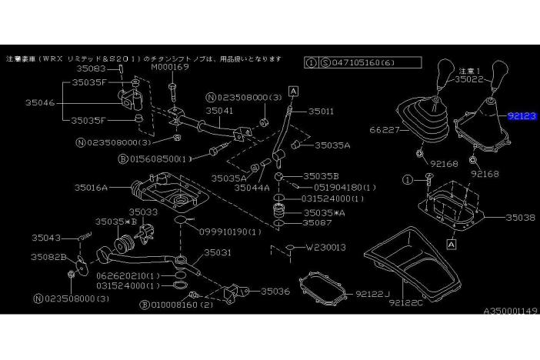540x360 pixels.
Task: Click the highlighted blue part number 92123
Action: [522, 116]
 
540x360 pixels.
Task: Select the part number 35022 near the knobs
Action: [468, 78]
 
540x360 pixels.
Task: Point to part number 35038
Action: [520, 218]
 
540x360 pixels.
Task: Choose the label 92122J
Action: [372, 294]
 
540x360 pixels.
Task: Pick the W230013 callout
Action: [327, 247]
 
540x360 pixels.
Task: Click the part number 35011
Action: [322, 111]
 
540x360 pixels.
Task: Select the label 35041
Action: [219, 111]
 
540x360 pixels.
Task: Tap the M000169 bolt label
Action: [169, 67]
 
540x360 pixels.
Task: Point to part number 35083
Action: [90, 68]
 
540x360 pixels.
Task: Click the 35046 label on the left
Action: [38, 101]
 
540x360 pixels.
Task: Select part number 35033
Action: [143, 211]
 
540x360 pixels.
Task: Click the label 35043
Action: [47, 237]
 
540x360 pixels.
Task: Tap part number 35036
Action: [275, 291]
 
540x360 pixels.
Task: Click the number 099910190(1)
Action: [229, 230]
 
